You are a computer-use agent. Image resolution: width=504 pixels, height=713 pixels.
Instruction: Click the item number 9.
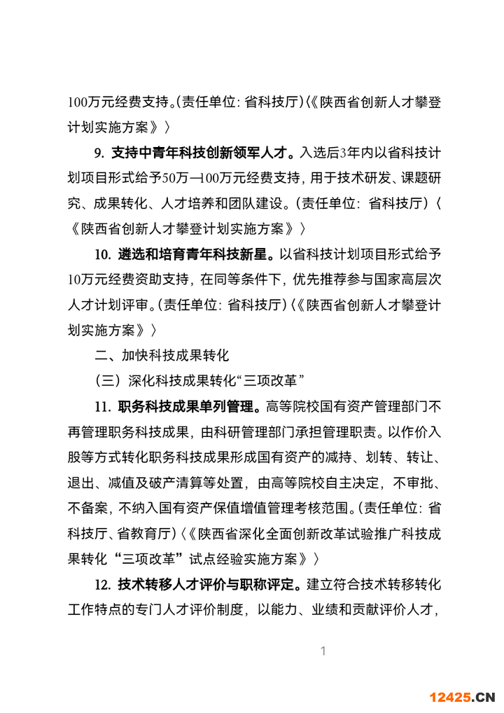point(97,153)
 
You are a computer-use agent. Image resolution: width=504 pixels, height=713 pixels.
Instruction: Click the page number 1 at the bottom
point(323,651)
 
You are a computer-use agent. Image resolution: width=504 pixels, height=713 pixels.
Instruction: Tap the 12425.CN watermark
point(462,696)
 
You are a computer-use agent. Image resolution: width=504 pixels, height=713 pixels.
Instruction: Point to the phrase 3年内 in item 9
point(355,153)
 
